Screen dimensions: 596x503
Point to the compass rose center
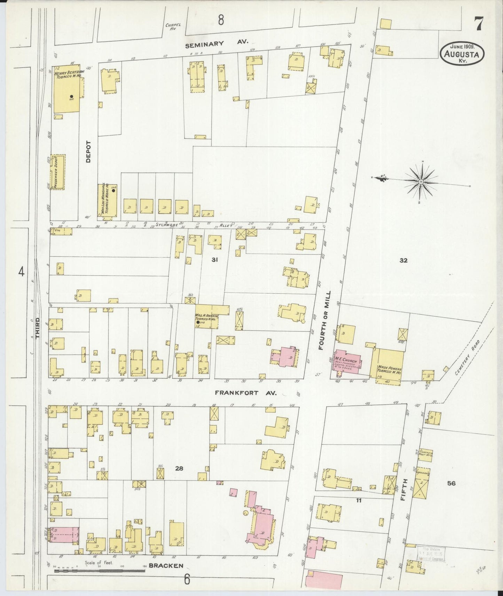[421, 182]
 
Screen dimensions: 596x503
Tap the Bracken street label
[166, 565]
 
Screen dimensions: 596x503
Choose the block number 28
[179, 468]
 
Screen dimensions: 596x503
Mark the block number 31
[214, 259]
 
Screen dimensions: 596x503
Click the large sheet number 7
[478, 24]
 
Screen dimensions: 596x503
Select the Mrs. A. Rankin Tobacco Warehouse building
[207, 317]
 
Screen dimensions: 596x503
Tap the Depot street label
[88, 152]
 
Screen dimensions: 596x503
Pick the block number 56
[451, 483]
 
